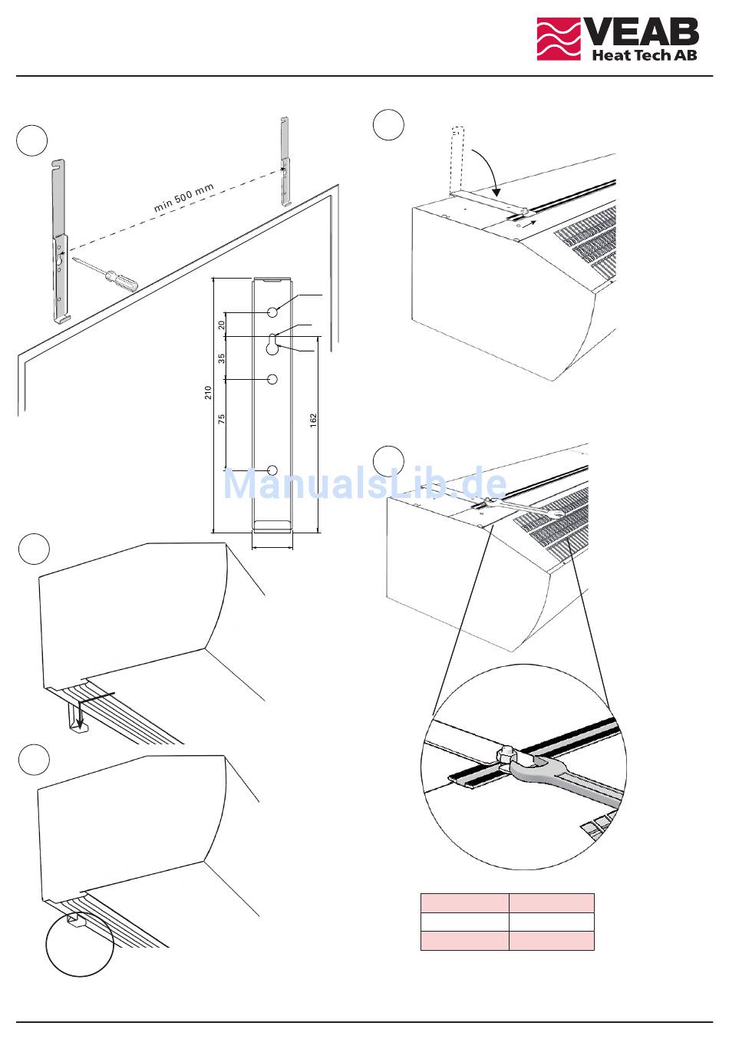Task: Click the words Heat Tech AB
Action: click(x=645, y=54)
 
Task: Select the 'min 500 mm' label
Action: click(x=183, y=197)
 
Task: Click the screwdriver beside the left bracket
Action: click(x=107, y=274)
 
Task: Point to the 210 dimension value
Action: click(x=209, y=392)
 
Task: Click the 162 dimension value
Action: click(x=314, y=420)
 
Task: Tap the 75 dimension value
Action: click(x=222, y=418)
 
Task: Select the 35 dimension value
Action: click(x=222, y=358)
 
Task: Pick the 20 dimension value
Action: click(x=222, y=324)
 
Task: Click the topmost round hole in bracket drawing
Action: click(x=272, y=312)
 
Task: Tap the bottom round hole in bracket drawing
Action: click(x=272, y=470)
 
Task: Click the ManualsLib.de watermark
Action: click(x=365, y=483)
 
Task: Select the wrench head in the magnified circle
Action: click(x=536, y=767)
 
